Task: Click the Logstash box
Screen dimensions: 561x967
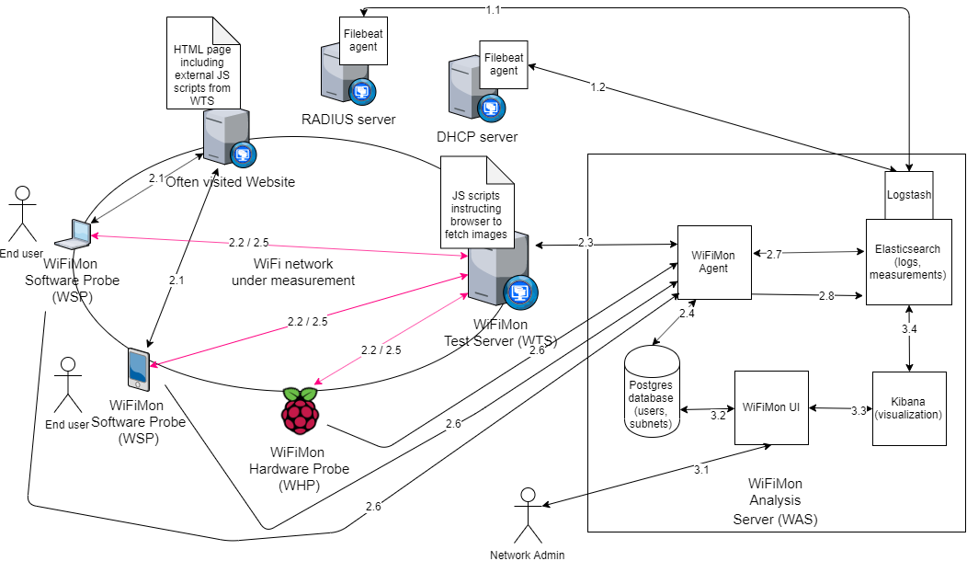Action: coord(909,195)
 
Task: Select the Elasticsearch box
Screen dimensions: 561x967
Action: coord(909,260)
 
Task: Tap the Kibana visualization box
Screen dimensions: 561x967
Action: coord(909,408)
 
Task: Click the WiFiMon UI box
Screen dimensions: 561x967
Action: coord(770,406)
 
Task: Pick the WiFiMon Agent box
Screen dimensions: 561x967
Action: coord(713,262)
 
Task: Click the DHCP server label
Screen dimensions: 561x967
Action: coord(477,137)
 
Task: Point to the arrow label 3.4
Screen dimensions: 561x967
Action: coord(909,328)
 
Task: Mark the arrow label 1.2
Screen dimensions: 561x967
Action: coord(597,87)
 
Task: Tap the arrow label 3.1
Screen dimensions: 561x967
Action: coord(701,470)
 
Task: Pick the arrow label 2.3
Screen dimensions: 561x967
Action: coord(586,242)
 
